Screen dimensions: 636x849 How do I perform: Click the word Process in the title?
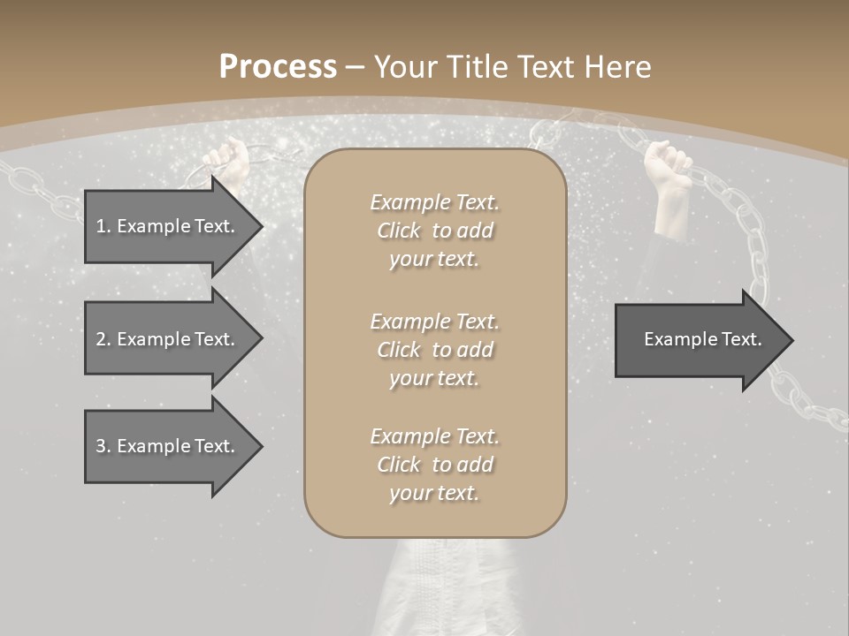[x=278, y=67]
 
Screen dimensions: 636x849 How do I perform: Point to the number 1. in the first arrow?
[x=103, y=226]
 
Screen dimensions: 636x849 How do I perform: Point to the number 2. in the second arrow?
[x=103, y=339]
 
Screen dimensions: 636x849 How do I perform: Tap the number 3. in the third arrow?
[x=103, y=446]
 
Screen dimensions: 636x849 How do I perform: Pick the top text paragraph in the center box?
[x=434, y=231]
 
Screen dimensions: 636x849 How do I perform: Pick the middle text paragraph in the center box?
[x=434, y=350]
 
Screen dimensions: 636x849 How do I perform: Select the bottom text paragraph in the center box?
[x=434, y=465]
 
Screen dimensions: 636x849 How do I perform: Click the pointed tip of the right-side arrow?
[x=789, y=340]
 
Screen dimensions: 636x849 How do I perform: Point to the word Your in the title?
[x=403, y=67]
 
